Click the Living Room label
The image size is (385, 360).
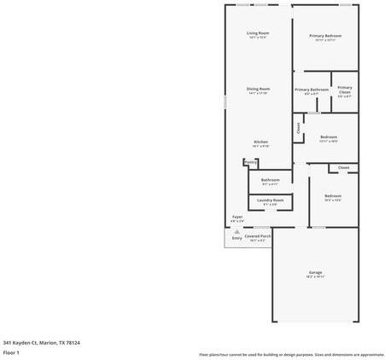pyautogui.click(x=258, y=33)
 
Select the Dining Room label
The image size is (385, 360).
pyautogui.click(x=258, y=89)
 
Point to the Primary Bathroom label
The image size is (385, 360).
pyautogui.click(x=312, y=90)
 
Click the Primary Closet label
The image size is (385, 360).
pyautogui.click(x=344, y=90)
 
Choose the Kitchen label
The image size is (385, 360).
pyautogui.click(x=260, y=142)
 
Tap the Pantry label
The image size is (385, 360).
pyautogui.click(x=250, y=161)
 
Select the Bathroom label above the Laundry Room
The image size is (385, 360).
pyautogui.click(x=270, y=180)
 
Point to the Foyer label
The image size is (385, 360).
pyautogui.click(x=237, y=217)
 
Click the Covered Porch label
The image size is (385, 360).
pyautogui.click(x=258, y=236)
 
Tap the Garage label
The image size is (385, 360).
pyautogui.click(x=315, y=273)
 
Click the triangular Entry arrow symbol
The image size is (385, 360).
pyautogui.click(x=237, y=231)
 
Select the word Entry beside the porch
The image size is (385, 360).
pyautogui.click(x=236, y=238)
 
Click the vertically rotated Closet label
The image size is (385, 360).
pyautogui.click(x=298, y=128)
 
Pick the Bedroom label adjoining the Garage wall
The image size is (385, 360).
pyautogui.click(x=332, y=196)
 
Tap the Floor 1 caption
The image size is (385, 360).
pyautogui.click(x=11, y=352)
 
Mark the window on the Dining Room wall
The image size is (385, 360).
pyautogui.click(x=225, y=101)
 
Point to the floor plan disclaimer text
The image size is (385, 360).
pyautogui.click(x=291, y=354)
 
